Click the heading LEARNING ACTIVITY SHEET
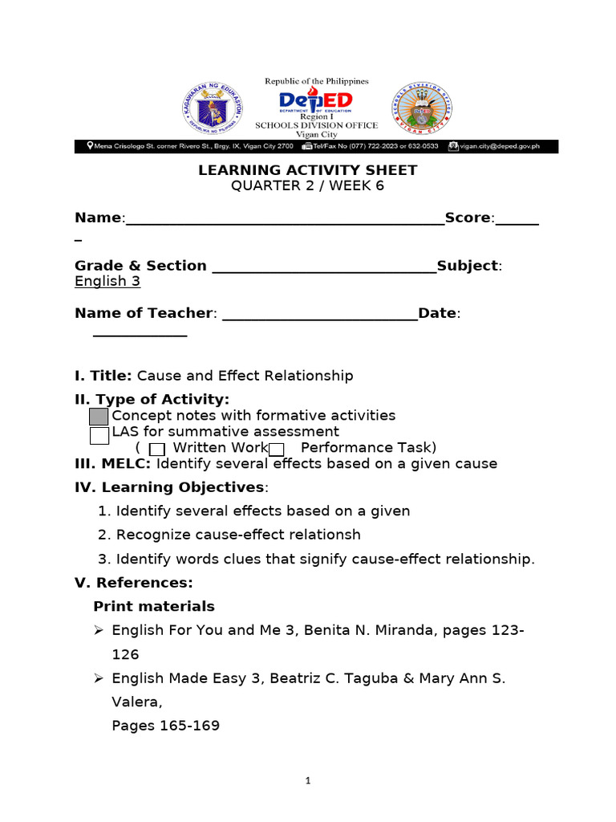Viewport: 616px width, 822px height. click(x=308, y=170)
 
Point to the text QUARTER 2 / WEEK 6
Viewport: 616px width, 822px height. click(x=307, y=185)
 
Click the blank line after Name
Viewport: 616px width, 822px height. click(x=285, y=219)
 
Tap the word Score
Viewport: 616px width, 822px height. click(x=468, y=218)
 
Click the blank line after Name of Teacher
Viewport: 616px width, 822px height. click(x=319, y=314)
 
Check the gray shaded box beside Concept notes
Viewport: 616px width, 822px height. click(x=99, y=417)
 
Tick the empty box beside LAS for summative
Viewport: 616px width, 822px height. click(x=99, y=435)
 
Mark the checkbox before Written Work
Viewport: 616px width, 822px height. click(x=158, y=449)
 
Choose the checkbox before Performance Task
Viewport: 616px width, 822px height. click(x=277, y=449)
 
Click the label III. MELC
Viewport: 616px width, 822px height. click(x=112, y=464)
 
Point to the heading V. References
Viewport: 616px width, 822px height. click(x=134, y=582)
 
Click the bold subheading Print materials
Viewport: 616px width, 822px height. click(x=154, y=606)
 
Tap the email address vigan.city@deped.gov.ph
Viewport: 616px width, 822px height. click(x=505, y=146)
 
